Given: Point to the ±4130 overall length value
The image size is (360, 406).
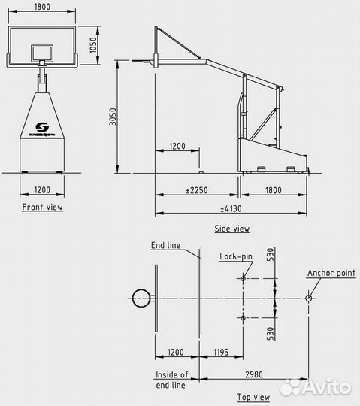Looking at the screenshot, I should [230, 208].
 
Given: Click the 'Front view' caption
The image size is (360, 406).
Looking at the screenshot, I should [43, 207].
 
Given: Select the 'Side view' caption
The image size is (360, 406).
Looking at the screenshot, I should [231, 229].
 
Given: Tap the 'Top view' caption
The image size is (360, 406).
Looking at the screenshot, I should [252, 396].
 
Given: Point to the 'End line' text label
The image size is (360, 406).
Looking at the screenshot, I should [165, 245].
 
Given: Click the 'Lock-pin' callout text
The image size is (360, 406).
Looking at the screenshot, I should [235, 256].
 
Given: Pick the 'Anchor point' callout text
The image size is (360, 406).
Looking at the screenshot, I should [331, 274].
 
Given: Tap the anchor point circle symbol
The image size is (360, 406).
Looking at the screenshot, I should [309, 298].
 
